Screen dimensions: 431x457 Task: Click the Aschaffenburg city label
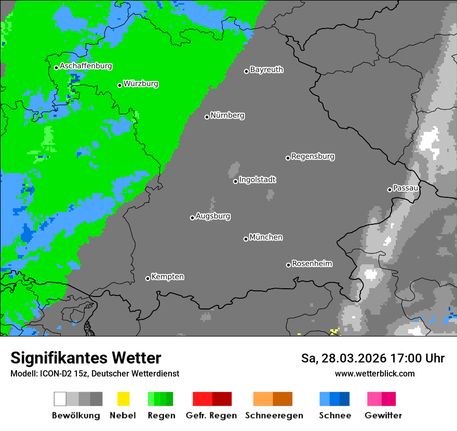click(x=86, y=66)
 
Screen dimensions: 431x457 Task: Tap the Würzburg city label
click(x=141, y=84)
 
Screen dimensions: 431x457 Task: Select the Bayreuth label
click(x=266, y=70)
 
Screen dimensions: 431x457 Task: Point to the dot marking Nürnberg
click(x=207, y=117)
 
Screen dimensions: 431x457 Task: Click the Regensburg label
click(x=313, y=156)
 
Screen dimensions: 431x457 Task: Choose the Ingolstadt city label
click(x=257, y=180)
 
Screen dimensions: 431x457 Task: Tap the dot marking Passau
click(x=389, y=190)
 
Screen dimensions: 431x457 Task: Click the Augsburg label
click(x=213, y=217)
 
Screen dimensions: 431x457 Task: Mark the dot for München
click(x=246, y=239)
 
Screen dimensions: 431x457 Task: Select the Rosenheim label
click(x=312, y=264)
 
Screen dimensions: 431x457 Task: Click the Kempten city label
click(x=167, y=277)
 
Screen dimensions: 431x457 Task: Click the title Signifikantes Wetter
click(x=86, y=358)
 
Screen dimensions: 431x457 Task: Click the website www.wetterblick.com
click(x=374, y=373)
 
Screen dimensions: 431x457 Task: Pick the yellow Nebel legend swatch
click(x=123, y=399)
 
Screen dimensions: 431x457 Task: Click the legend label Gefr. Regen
click(x=211, y=415)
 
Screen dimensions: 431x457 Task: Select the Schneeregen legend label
click(x=274, y=415)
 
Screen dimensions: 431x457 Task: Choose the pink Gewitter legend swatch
click(x=374, y=399)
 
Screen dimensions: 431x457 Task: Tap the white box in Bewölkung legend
click(x=60, y=399)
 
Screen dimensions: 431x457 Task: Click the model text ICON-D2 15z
click(x=62, y=373)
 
